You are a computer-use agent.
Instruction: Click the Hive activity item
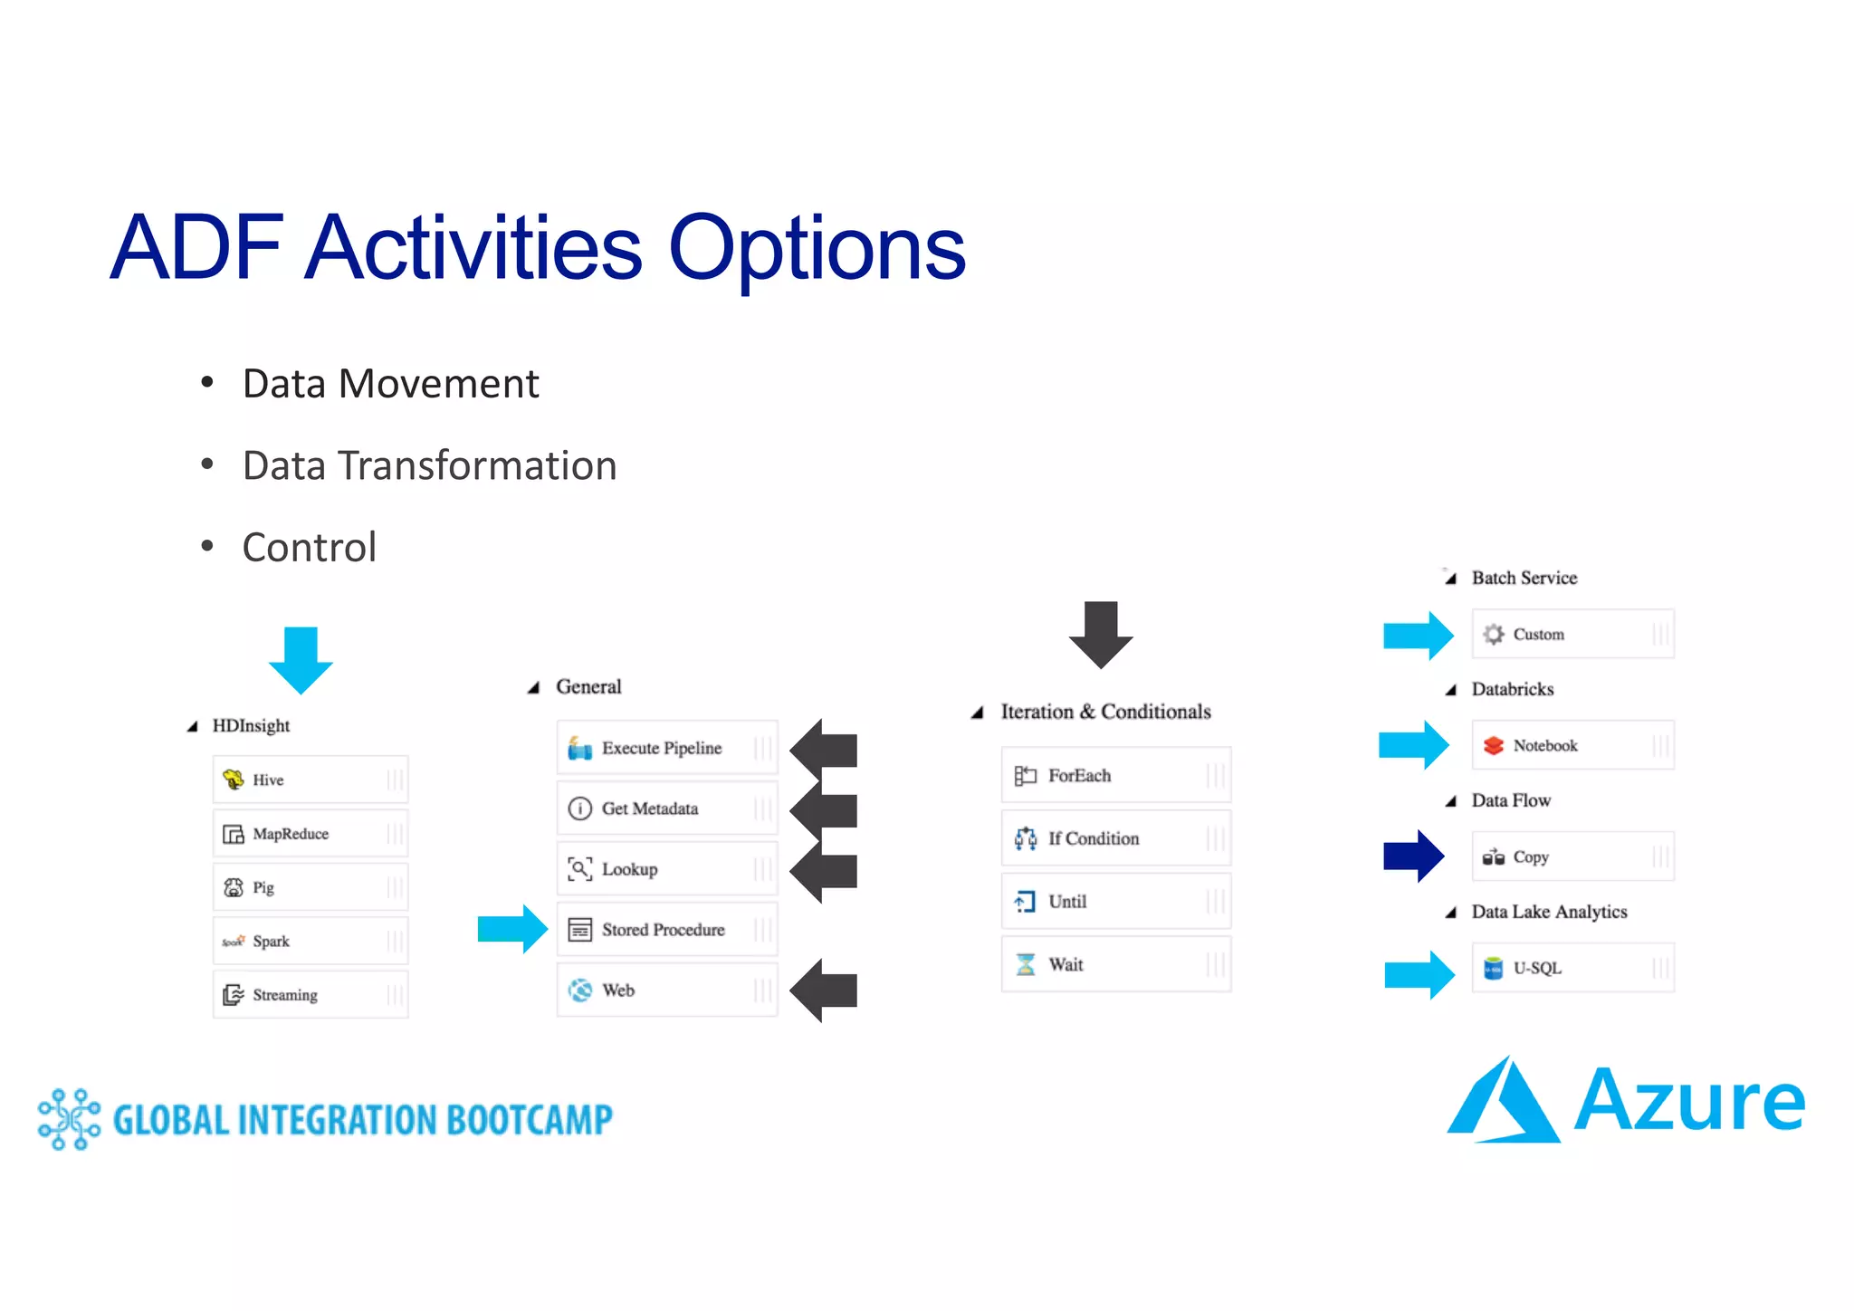pos(311,780)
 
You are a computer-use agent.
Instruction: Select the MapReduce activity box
pos(311,834)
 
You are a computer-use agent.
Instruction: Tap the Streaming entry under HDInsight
pos(311,995)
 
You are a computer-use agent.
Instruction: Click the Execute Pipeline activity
pos(666,748)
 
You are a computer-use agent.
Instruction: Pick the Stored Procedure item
pos(666,930)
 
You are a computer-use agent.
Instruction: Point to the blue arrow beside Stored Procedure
pos(511,929)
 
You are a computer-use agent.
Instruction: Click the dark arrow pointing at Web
pos(824,990)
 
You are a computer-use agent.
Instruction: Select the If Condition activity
pos(1115,838)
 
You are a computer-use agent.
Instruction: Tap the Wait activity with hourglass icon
pos(1115,965)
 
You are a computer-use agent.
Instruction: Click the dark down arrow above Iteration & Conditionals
pos(1101,635)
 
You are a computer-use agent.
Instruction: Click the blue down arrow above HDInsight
pos(301,660)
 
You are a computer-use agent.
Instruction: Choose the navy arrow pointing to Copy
pos(1413,856)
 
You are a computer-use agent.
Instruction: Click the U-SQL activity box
pos(1572,968)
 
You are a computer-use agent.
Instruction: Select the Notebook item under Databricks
pos(1572,745)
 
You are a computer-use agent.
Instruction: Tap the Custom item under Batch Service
pos(1572,634)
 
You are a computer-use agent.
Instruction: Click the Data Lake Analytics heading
pos(1549,912)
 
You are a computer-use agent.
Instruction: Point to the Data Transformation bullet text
pos(429,465)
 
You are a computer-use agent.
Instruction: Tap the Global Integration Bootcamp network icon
pos(69,1119)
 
